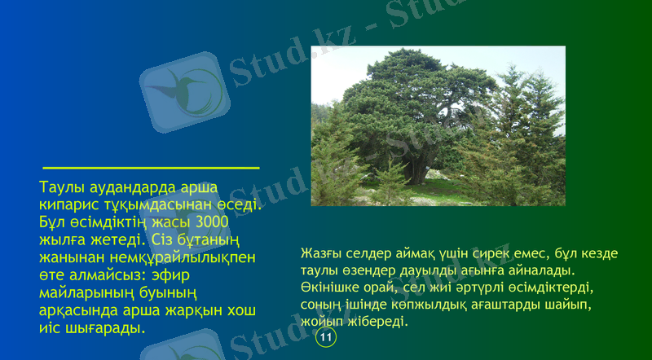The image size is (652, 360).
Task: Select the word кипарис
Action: [69, 204]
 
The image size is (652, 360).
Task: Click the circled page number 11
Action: [326, 337]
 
